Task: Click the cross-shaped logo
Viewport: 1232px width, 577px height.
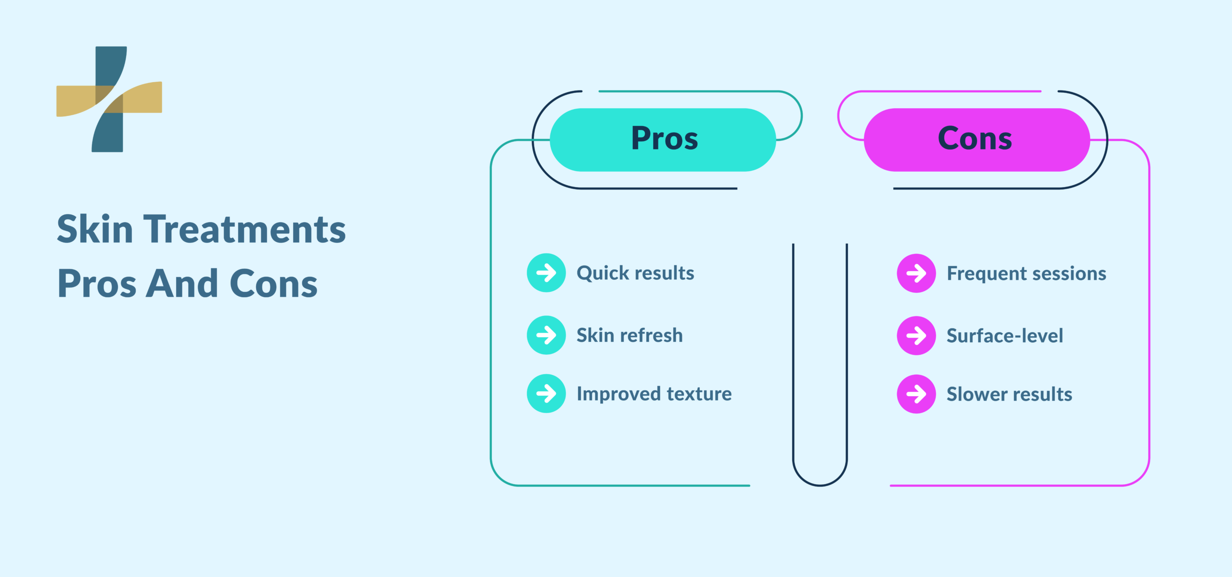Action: pos(109,99)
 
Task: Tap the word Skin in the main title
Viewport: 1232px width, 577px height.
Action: pos(95,229)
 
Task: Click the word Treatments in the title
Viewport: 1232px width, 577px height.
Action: pos(244,229)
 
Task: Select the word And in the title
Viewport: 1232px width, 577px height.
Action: pos(182,284)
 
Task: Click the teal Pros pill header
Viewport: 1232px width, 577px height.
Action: pos(663,139)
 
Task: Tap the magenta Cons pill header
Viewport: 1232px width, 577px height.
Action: pos(976,139)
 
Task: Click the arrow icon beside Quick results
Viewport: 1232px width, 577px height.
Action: pos(546,273)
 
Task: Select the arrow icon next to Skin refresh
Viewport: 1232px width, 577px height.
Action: pos(546,335)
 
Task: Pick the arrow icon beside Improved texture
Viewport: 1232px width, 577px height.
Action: pos(546,393)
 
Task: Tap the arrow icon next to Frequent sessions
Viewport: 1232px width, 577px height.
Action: pos(916,273)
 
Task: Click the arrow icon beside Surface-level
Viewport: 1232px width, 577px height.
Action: pos(916,336)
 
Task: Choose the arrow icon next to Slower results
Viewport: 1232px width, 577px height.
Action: pos(916,394)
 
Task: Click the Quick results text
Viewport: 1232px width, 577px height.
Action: pos(635,273)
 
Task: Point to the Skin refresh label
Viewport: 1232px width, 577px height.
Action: pos(629,335)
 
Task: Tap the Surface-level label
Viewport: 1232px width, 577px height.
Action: pos(1005,336)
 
